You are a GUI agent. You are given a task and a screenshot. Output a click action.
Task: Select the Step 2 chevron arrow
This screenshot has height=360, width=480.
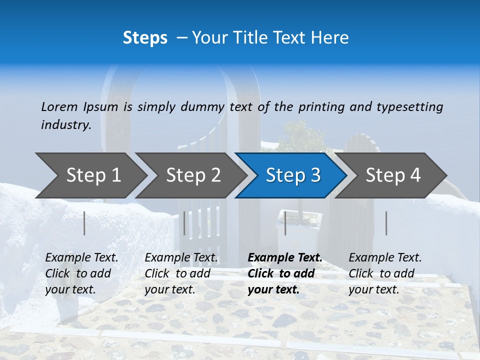pyautogui.click(x=193, y=175)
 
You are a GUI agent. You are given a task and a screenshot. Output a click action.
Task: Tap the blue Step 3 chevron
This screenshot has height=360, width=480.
pyautogui.click(x=293, y=175)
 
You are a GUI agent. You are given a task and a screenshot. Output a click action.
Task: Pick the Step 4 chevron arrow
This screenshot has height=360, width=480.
pyautogui.click(x=393, y=175)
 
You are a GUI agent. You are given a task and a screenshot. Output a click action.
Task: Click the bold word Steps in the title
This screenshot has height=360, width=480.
pyautogui.click(x=145, y=38)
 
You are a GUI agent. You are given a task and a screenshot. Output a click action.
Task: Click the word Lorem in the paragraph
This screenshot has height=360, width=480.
pyautogui.click(x=59, y=106)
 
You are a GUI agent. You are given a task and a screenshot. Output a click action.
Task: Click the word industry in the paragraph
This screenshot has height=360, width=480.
pyautogui.click(x=65, y=124)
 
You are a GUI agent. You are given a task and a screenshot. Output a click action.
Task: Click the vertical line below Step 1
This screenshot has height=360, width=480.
pyautogui.click(x=84, y=223)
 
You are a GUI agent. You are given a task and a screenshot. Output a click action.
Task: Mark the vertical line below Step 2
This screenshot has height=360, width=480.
pyautogui.click(x=184, y=223)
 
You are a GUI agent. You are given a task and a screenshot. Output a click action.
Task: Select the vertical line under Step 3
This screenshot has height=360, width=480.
pyautogui.click(x=285, y=223)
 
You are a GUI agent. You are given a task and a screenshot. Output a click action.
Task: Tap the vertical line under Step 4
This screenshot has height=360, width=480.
pyautogui.click(x=386, y=223)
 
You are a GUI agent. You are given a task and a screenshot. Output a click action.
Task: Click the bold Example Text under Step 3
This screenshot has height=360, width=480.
pyautogui.click(x=285, y=258)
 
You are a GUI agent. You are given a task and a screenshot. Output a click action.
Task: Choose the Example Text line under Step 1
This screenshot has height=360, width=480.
pyautogui.click(x=81, y=258)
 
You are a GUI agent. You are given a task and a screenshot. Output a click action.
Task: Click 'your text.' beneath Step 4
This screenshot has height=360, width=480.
pyautogui.click(x=373, y=289)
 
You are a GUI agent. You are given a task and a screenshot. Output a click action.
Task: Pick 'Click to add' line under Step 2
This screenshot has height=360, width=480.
pyautogui.click(x=177, y=273)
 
